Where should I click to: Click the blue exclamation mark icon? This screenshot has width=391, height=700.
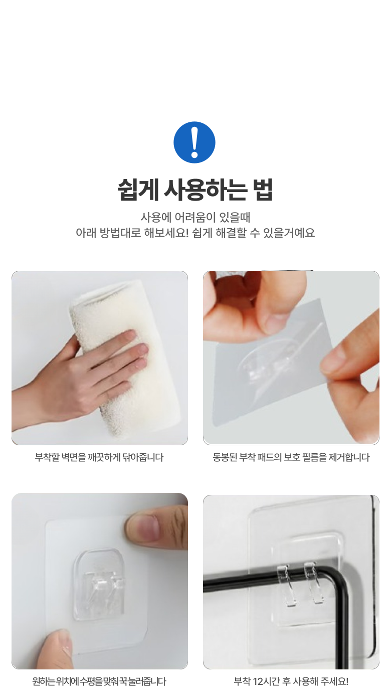coord(194,142)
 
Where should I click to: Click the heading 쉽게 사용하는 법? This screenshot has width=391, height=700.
coord(195,190)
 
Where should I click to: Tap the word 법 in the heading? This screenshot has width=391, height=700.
coord(264,190)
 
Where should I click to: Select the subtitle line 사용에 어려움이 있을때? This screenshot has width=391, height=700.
coord(195,217)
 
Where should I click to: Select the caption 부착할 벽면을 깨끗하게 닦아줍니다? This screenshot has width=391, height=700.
coord(99,457)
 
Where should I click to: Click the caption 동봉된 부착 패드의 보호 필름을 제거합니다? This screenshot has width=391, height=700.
coord(291,457)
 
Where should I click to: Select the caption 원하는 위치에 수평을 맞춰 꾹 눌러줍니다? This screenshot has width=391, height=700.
coord(99,681)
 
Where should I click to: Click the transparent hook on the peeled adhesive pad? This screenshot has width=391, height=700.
coord(266,363)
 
